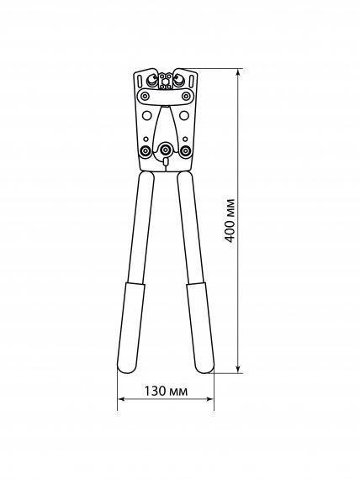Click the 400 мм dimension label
point(230,220)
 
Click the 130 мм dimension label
point(166,391)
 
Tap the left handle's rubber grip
point(131,328)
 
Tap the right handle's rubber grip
point(200,328)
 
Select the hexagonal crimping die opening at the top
point(165,82)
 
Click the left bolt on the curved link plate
point(145,97)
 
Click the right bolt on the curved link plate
point(186,97)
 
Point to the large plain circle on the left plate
point(147,115)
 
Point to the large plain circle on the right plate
point(184,115)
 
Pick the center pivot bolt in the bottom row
point(166,150)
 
